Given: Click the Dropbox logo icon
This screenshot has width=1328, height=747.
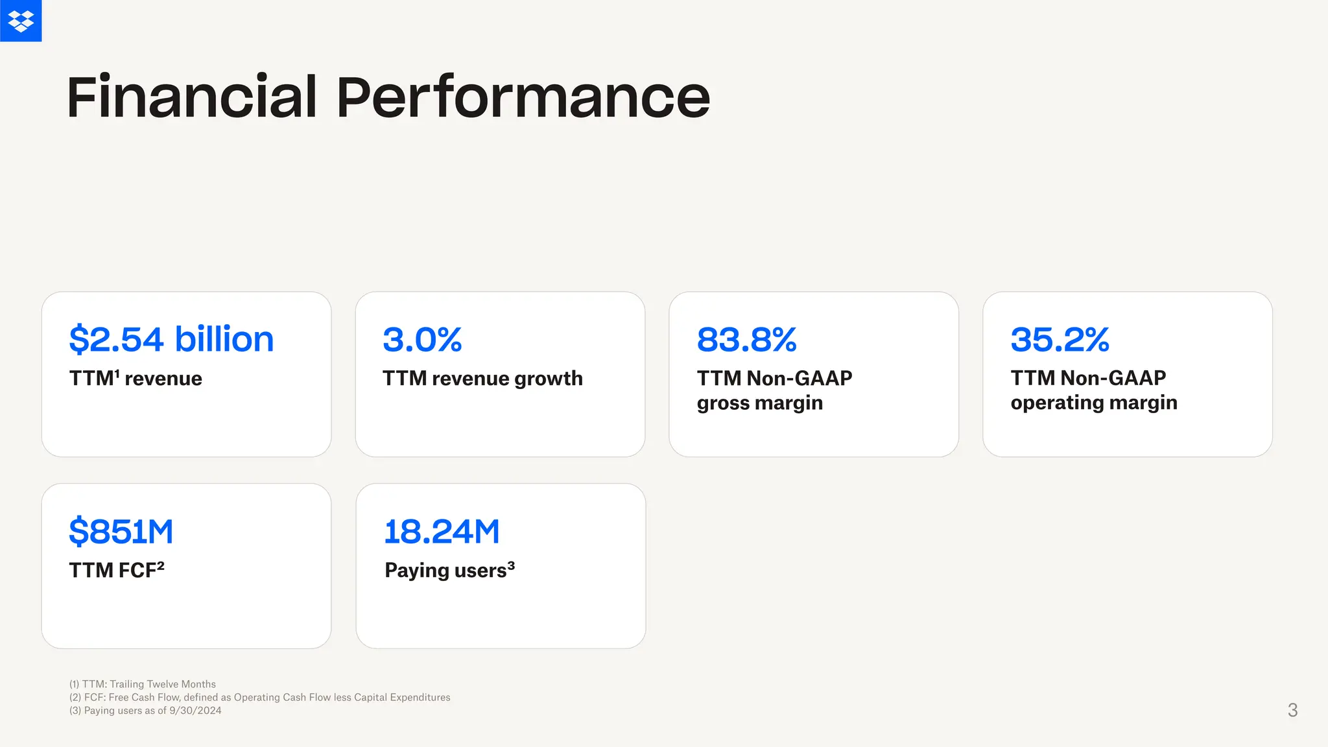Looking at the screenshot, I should pyautogui.click(x=21, y=21).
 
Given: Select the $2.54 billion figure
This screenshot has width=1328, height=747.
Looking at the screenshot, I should pyautogui.click(x=171, y=339).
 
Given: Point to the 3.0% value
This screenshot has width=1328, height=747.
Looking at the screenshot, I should pyautogui.click(x=422, y=339).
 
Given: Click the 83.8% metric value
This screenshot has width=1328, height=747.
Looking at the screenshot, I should pyautogui.click(x=746, y=339).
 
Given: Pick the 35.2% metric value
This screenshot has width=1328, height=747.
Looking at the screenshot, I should pyautogui.click(x=1060, y=339).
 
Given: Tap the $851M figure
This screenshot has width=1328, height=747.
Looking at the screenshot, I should pyautogui.click(x=121, y=531).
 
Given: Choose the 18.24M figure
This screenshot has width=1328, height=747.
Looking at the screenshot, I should pyautogui.click(x=442, y=531).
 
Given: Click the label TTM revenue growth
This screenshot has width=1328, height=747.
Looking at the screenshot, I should pyautogui.click(x=482, y=378).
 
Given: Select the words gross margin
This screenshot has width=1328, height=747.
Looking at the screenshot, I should pyautogui.click(x=759, y=403).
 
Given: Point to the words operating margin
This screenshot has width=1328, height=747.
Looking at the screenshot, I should pyautogui.click(x=1093, y=403).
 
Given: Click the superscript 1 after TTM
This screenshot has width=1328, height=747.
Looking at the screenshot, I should pyautogui.click(x=117, y=373).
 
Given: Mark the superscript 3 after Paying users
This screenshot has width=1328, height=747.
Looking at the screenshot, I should pyautogui.click(x=511, y=565).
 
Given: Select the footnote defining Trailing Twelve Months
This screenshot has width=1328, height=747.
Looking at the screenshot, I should pyautogui.click(x=143, y=684).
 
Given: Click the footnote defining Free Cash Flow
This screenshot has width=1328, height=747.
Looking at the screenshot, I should pyautogui.click(x=259, y=697).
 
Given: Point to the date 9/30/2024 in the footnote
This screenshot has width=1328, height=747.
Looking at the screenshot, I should pyautogui.click(x=195, y=711).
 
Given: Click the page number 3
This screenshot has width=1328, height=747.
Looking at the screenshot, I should pyautogui.click(x=1292, y=710).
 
